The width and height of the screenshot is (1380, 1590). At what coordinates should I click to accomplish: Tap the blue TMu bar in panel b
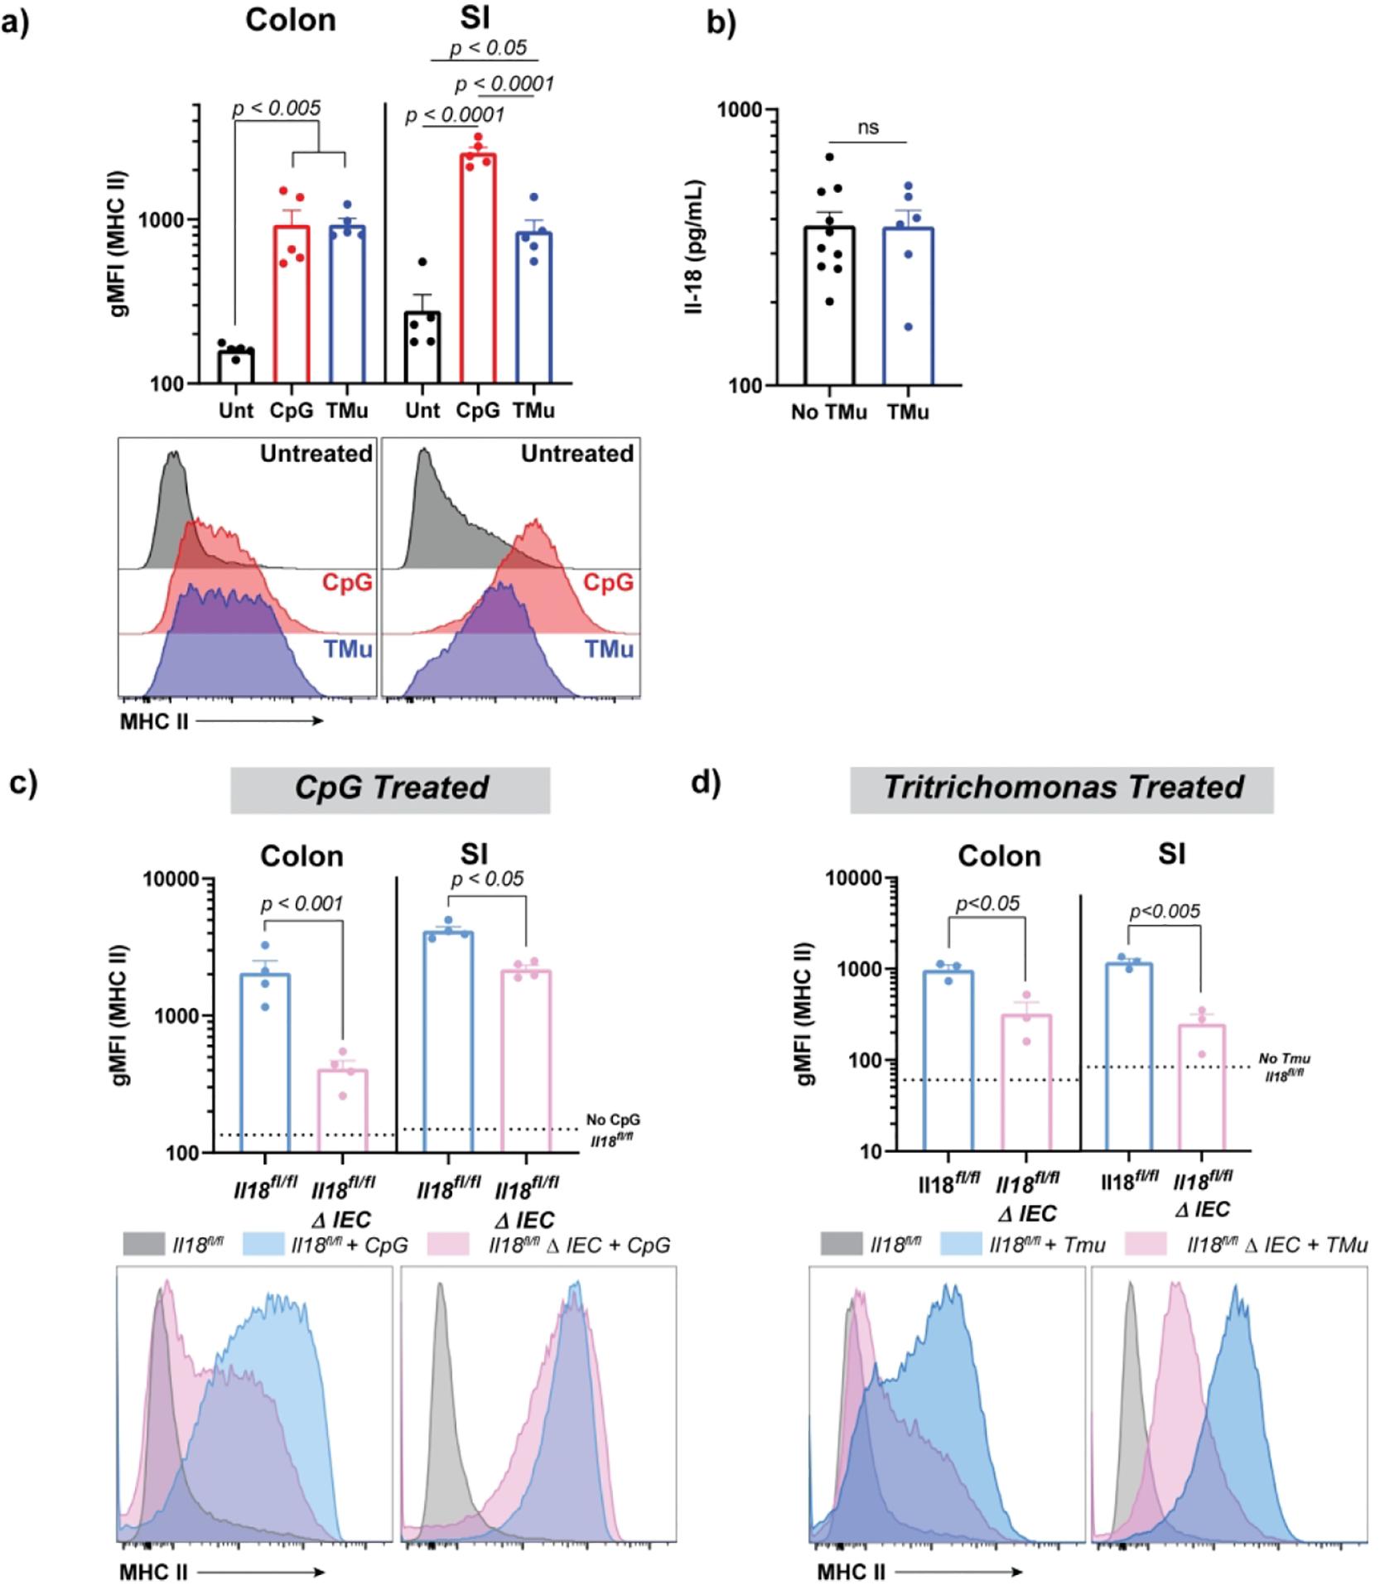coord(908,306)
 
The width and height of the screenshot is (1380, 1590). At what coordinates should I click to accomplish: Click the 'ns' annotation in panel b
coord(868,128)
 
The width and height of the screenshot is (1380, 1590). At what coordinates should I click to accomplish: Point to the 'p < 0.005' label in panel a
coord(276,108)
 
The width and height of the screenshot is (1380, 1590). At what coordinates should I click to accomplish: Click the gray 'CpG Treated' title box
coord(391,788)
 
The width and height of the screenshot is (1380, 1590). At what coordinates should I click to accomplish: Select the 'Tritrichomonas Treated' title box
coord(1063,788)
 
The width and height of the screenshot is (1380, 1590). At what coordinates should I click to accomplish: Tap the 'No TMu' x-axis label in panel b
coord(828,412)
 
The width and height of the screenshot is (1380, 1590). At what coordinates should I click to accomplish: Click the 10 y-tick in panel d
coord(877,1151)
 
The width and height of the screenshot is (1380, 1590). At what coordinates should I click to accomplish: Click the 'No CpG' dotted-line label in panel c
coord(613,1120)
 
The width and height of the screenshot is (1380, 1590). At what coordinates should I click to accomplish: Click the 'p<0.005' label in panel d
coord(1165,912)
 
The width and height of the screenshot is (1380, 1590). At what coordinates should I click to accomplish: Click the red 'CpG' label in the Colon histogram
coord(347,583)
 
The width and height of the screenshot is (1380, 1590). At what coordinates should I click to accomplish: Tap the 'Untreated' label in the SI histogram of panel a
coord(577,454)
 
